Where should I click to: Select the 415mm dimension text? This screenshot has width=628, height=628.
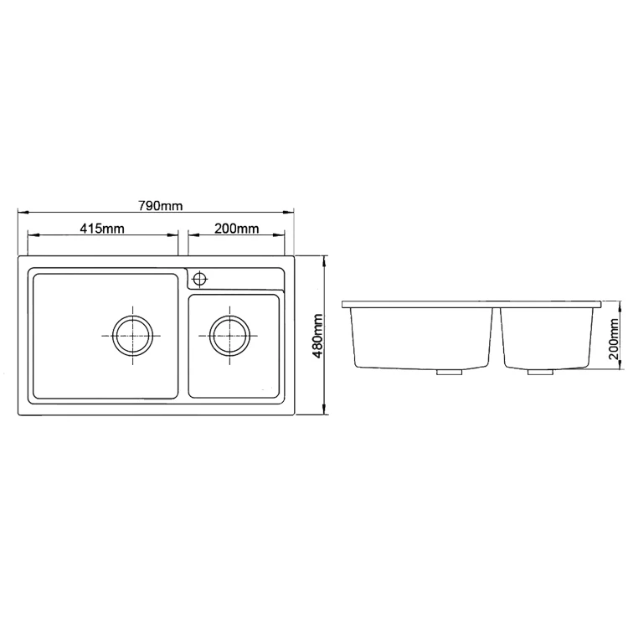click(x=103, y=228)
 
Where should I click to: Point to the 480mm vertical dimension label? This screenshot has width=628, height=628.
click(x=317, y=336)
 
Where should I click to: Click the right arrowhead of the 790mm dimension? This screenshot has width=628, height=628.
click(x=293, y=212)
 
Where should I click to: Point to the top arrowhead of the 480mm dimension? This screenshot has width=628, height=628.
click(x=325, y=260)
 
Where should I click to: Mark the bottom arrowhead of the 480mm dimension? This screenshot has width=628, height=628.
click(x=325, y=411)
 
